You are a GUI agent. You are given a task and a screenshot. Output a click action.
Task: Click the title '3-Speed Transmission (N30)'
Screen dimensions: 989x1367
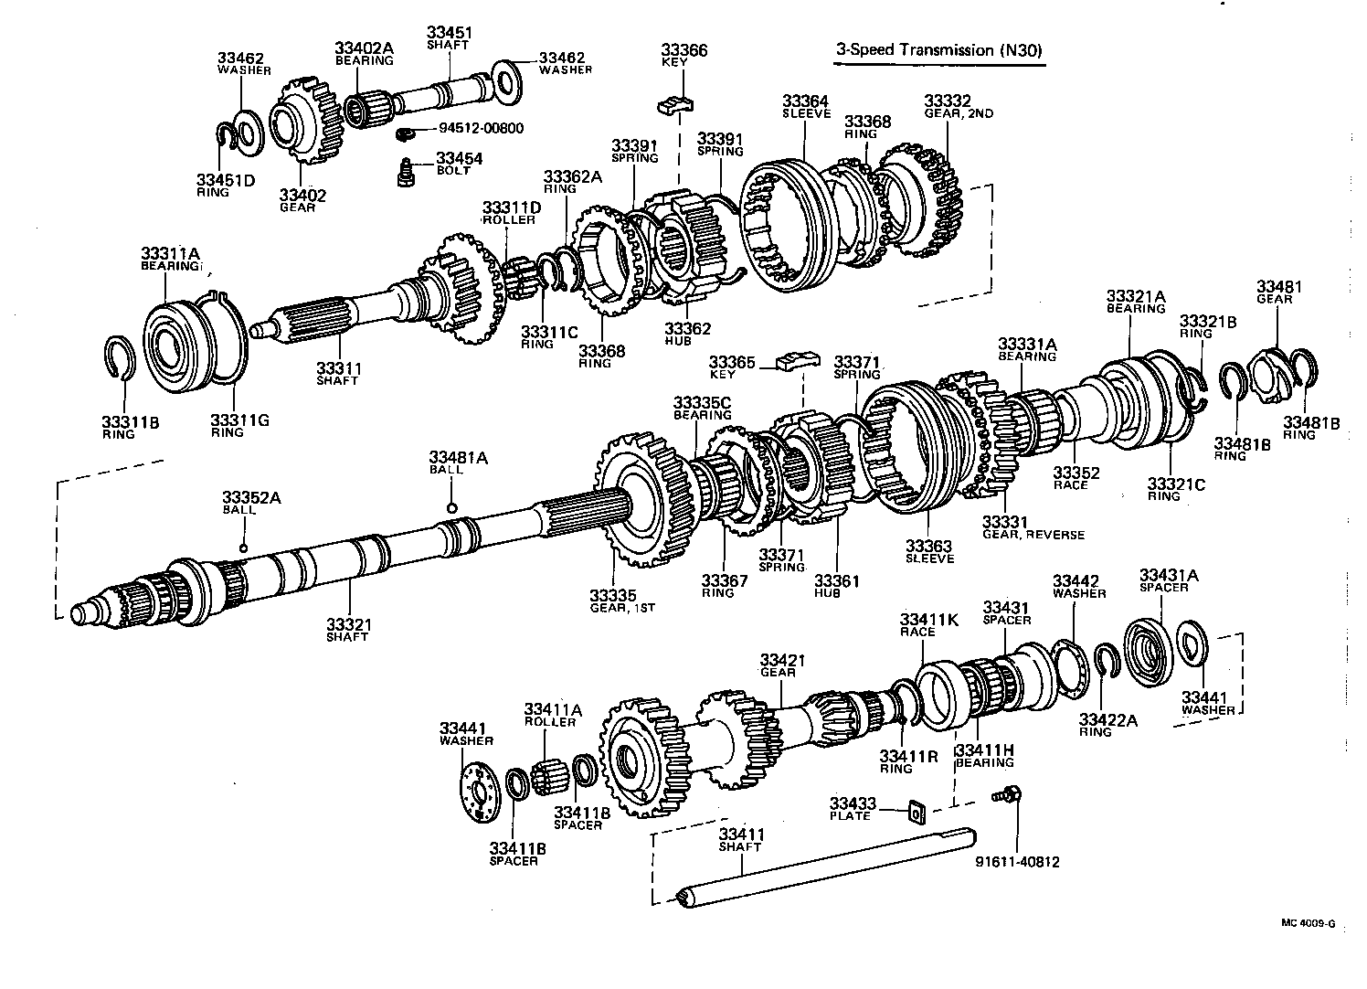tap(938, 50)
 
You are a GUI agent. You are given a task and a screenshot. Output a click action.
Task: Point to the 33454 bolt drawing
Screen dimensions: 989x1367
tap(402, 172)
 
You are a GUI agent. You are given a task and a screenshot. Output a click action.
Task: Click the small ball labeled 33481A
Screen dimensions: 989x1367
tap(451, 508)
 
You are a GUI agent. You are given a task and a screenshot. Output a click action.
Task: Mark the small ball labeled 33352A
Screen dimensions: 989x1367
tap(244, 548)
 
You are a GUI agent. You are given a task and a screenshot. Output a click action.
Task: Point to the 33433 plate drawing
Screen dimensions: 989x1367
tap(913, 810)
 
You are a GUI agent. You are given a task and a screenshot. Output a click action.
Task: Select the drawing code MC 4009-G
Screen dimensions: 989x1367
tap(1307, 923)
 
